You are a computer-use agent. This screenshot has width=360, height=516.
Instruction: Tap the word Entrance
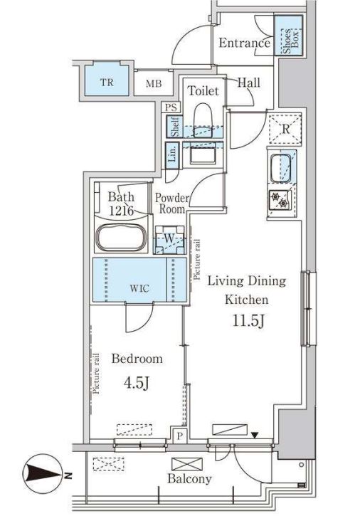pyautogui.click(x=244, y=43)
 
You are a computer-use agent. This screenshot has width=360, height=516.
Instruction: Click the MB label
pyautogui.click(x=154, y=83)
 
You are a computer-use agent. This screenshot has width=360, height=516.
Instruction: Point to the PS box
pyautogui.click(x=171, y=107)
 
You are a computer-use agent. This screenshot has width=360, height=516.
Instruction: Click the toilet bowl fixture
pyautogui.click(x=202, y=120)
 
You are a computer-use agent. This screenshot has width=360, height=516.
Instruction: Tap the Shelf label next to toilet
pyautogui.click(x=174, y=127)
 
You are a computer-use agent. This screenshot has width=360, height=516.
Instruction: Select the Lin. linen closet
pyautogui.click(x=172, y=155)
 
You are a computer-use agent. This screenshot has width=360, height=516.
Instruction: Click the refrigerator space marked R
pyautogui.click(x=285, y=129)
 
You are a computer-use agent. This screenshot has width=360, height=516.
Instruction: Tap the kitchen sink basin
pyautogui.click(x=280, y=168)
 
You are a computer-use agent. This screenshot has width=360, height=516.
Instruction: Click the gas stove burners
pyautogui.click(x=280, y=201)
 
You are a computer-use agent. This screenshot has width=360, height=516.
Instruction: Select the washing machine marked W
pyautogui.click(x=169, y=240)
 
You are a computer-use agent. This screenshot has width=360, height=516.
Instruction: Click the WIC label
pyautogui.click(x=139, y=289)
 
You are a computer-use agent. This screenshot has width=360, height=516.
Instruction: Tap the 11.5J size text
pyautogui.click(x=249, y=321)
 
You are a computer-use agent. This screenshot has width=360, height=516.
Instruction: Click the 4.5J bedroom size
pyautogui.click(x=137, y=383)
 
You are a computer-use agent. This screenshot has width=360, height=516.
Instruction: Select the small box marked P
pyautogui.click(x=179, y=436)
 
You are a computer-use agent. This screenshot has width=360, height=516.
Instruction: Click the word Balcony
pyautogui.click(x=189, y=478)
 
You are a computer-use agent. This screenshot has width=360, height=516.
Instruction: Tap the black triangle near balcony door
pyautogui.click(x=255, y=436)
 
